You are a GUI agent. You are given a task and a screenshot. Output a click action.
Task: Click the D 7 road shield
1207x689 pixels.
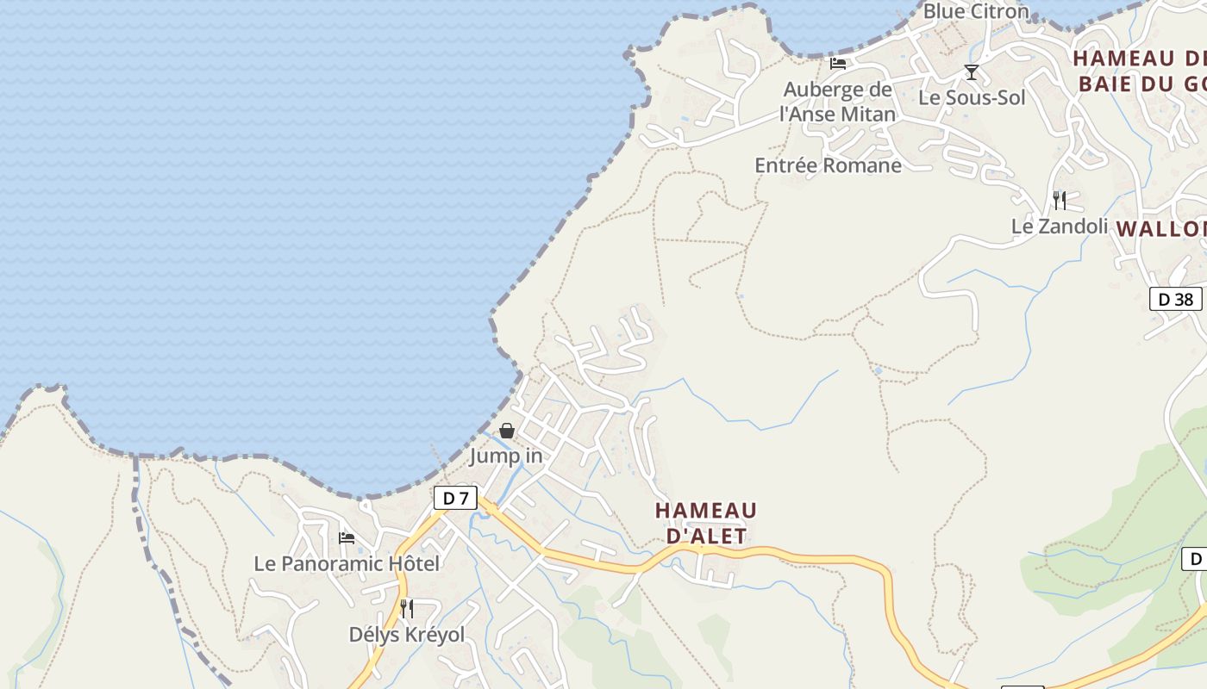pyautogui.click(x=455, y=498)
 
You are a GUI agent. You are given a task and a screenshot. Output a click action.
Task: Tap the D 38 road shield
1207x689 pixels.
pyautogui.click(x=1175, y=299)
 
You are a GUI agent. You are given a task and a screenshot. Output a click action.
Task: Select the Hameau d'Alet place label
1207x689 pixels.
pyautogui.click(x=706, y=523)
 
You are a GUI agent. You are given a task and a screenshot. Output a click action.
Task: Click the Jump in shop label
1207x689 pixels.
pyautogui.click(x=506, y=456)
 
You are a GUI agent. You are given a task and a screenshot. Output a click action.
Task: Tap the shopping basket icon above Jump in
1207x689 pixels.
pyautogui.click(x=507, y=431)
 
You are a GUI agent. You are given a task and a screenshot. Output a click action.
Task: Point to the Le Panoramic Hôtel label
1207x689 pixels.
pyautogui.click(x=347, y=563)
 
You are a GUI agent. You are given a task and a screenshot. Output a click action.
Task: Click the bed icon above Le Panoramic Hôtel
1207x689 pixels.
pyautogui.click(x=347, y=538)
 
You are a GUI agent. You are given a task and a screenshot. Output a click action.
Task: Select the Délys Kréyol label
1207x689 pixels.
pyautogui.click(x=406, y=635)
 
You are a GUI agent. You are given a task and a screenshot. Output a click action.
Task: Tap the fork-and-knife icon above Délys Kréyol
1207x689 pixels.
pyautogui.click(x=406, y=609)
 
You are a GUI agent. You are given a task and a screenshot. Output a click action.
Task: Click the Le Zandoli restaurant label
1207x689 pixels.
pyautogui.click(x=1059, y=227)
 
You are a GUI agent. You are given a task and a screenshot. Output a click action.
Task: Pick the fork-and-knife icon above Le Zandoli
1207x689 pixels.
pyautogui.click(x=1060, y=201)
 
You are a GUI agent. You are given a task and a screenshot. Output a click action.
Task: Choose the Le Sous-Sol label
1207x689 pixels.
pyautogui.click(x=972, y=97)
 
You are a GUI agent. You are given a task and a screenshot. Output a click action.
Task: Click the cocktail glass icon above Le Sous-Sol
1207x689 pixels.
pyautogui.click(x=972, y=72)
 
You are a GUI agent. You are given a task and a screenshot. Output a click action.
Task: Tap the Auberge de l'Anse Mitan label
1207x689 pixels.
pyautogui.click(x=837, y=102)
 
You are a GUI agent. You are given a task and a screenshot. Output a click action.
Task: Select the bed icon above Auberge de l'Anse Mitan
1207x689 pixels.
pyautogui.click(x=837, y=64)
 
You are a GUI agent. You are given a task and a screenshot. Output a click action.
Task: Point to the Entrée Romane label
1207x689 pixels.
pyautogui.click(x=828, y=165)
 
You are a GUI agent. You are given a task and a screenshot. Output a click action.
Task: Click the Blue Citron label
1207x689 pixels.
pyautogui.click(x=976, y=11)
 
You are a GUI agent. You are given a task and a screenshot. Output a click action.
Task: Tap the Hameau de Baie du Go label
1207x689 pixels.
pyautogui.click(x=1139, y=71)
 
